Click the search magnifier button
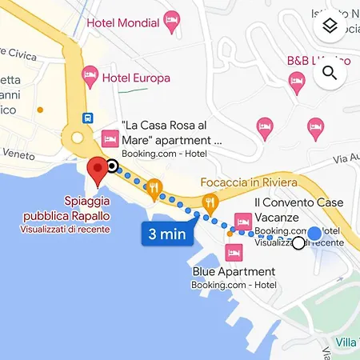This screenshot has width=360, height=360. pyautogui.click(x=329, y=74)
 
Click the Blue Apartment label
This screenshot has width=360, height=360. pyautogui.click(x=234, y=272)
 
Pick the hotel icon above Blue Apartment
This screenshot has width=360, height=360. pyautogui.click(x=234, y=252)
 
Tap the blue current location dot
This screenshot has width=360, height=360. pyautogui.click(x=315, y=234)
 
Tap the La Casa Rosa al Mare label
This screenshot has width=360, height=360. pyautogui.click(x=170, y=134)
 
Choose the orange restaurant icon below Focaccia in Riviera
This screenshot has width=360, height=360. pyautogui.click(x=211, y=202)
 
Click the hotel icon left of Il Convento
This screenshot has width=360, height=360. pyautogui.click(x=242, y=221)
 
